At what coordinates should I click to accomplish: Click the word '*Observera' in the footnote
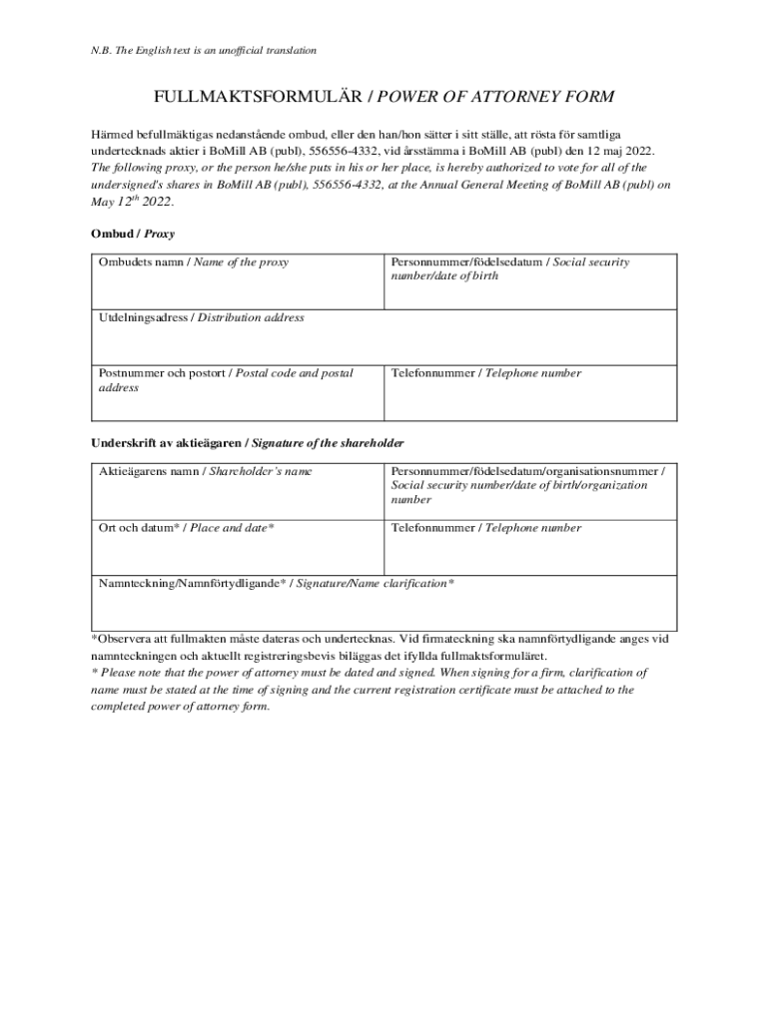tap(125, 639)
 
